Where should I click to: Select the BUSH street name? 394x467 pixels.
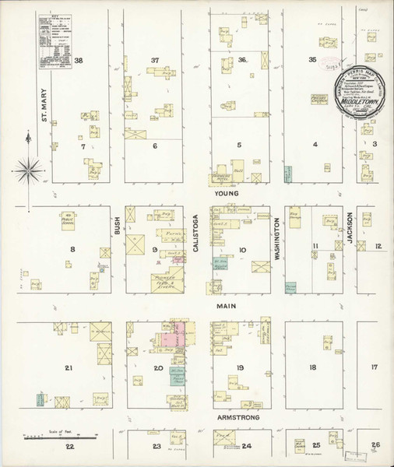(x=117, y=226)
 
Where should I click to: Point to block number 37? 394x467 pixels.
(x=155, y=60)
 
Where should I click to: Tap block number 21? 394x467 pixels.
(x=69, y=367)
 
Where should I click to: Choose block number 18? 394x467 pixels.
(x=312, y=367)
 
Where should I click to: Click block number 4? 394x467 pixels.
(x=315, y=145)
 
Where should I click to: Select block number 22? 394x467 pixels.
(x=70, y=446)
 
